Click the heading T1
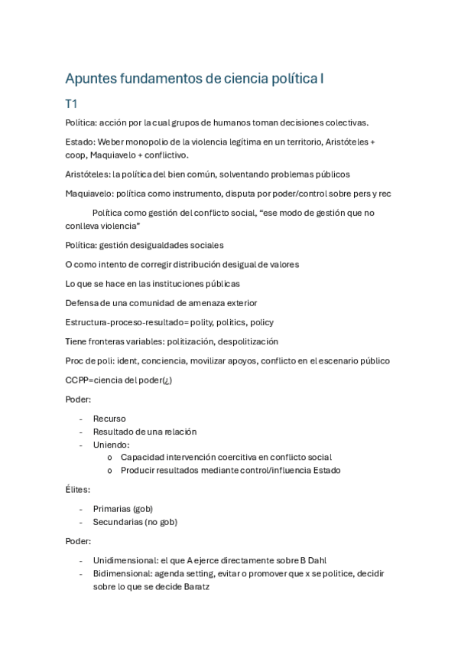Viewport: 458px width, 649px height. click(71, 103)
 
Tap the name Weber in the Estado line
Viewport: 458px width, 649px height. click(114, 142)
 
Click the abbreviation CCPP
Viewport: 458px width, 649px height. click(80, 380)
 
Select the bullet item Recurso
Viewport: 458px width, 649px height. click(109, 419)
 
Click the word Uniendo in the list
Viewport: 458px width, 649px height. click(111, 444)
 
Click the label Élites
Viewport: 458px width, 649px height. click(78, 489)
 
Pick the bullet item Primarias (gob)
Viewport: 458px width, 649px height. click(122, 508)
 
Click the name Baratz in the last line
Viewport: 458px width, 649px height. click(196, 586)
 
